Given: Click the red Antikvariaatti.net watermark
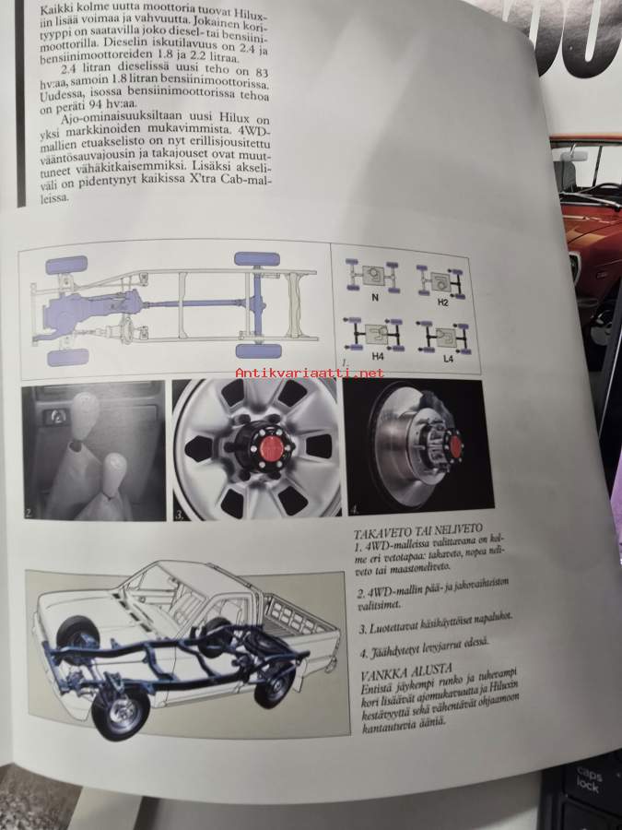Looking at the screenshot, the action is pos(310,373).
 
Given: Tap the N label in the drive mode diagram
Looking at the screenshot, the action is pos(375,298).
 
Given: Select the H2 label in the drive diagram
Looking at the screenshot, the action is pos(442,302).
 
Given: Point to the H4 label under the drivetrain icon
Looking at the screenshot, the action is pos(378,357).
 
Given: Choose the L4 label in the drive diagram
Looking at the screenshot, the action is pos(448,359).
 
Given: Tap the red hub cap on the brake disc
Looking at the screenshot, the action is pos(452,444).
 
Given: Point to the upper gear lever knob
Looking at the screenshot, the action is pos(85,409).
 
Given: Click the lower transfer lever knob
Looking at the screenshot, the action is pos(115,468).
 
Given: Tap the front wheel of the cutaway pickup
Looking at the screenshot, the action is pos(121,714).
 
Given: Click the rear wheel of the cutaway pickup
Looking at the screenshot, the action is pos(274,686).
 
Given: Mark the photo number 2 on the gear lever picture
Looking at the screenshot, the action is pos(29,513).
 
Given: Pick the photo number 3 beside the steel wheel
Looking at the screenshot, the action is pos(180,513).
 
